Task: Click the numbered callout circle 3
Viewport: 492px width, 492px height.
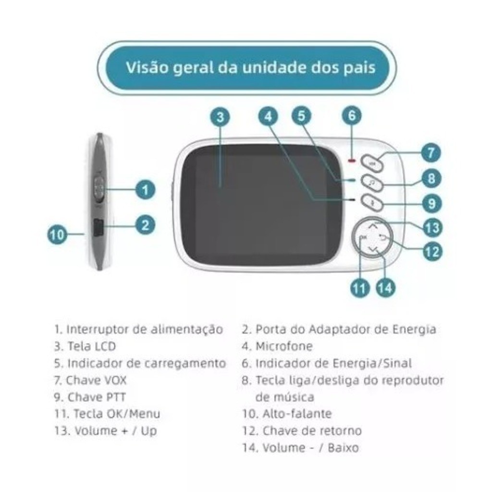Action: tap(220, 117)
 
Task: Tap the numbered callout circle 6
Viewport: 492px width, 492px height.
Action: tap(351, 116)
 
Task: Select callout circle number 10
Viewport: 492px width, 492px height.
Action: tap(57, 235)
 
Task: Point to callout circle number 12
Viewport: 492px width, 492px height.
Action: tap(432, 252)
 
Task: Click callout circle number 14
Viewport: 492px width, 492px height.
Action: tap(385, 288)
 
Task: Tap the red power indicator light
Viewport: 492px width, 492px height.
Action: tap(351, 161)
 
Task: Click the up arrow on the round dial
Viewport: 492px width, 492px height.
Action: tap(372, 226)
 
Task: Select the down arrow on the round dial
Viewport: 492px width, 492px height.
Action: tap(372, 250)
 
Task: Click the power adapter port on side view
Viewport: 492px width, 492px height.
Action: tap(98, 227)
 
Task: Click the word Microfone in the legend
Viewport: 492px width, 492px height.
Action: tap(284, 346)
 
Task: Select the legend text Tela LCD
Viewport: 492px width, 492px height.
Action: tap(92, 346)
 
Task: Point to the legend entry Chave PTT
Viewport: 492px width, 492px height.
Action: tap(97, 397)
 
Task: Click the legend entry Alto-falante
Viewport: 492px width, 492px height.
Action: tap(297, 414)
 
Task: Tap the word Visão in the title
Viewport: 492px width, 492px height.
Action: tap(147, 67)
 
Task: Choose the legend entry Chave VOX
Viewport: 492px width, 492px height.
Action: tap(96, 381)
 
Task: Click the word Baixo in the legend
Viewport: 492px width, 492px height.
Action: tap(343, 447)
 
